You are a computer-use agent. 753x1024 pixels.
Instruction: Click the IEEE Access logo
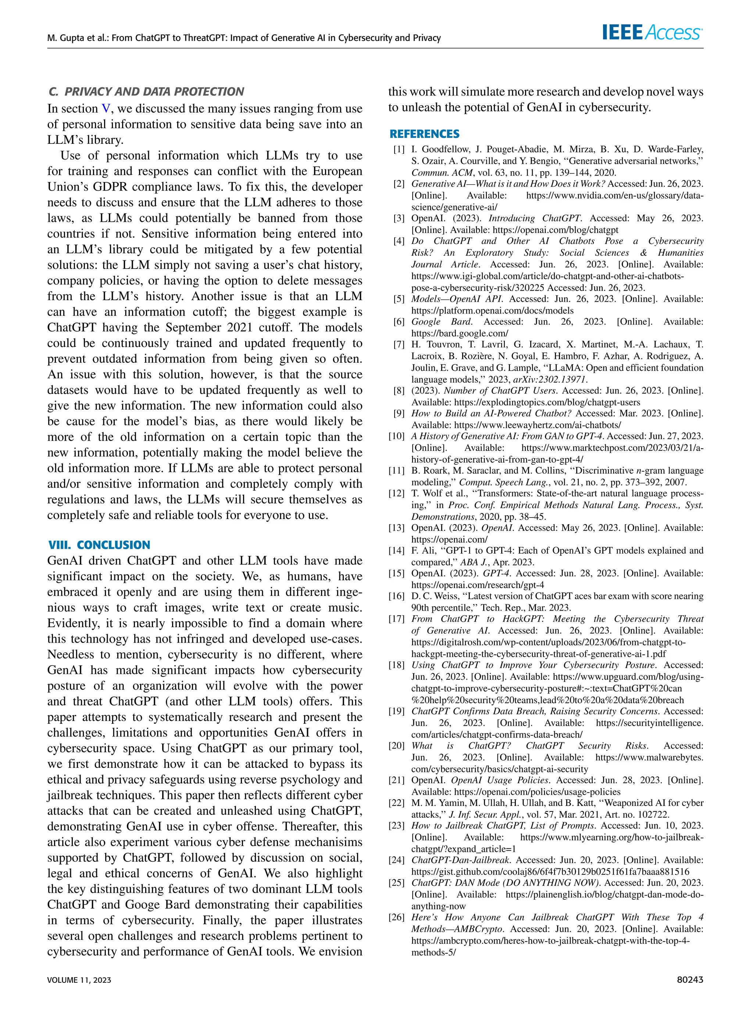point(652,33)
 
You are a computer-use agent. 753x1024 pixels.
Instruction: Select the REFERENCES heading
point(424,134)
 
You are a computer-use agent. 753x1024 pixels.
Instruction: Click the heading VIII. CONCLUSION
point(99,545)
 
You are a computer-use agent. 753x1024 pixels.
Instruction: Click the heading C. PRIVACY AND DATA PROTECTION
point(146,92)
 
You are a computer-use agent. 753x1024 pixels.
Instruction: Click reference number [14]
point(397,551)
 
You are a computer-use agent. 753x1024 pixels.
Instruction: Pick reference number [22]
point(397,803)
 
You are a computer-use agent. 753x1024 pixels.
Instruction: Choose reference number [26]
point(397,917)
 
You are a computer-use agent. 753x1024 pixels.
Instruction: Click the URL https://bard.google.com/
point(460,333)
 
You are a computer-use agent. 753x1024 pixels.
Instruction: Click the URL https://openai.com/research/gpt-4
point(478,585)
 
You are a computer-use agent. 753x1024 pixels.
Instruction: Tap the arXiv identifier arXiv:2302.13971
point(550,379)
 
